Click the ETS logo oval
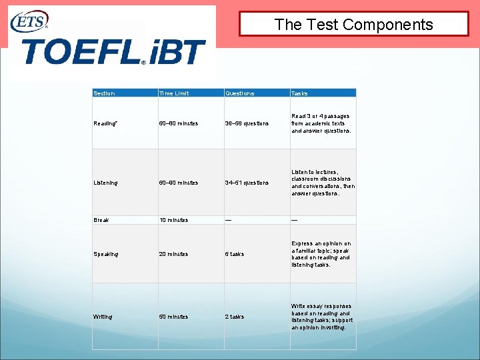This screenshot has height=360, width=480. [x=29, y=22]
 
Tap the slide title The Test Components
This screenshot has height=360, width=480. [x=354, y=25]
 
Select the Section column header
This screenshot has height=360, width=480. [x=104, y=93]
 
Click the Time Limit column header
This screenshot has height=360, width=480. [x=174, y=93]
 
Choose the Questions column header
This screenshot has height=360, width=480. [x=239, y=93]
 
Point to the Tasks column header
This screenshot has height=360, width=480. [x=299, y=93]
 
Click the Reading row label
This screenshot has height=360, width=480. [x=105, y=123]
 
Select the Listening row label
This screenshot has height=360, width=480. [x=106, y=183]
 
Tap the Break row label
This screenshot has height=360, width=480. [x=101, y=220]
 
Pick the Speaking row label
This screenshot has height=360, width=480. [x=106, y=254]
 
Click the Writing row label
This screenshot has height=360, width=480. [x=103, y=317]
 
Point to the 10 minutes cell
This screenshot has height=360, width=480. [x=173, y=220]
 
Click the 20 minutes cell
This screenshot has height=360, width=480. [x=173, y=254]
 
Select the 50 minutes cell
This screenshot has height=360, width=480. [x=173, y=317]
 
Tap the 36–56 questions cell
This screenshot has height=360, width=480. [x=247, y=123]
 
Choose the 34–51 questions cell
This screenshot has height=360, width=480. [x=247, y=183]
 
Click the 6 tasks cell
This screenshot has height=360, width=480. [x=235, y=254]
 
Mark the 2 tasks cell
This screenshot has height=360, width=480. [x=235, y=317]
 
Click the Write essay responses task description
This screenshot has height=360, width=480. [x=322, y=317]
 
